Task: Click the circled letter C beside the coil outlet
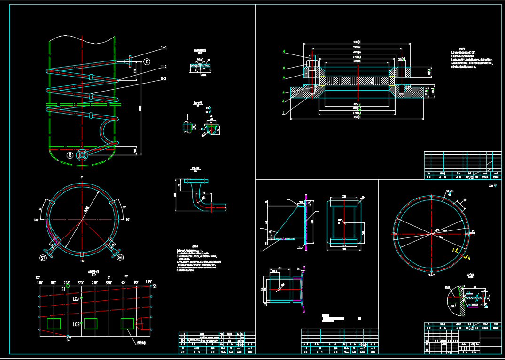pyautogui.click(x=147, y=61)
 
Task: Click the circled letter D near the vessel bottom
pyautogui.click(x=70, y=155)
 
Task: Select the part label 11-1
pyautogui.click(x=164, y=48)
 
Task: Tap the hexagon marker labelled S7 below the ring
pyautogui.click(x=43, y=258)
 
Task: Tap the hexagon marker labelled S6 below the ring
pyautogui.click(x=120, y=257)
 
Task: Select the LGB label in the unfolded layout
pyautogui.click(x=76, y=324)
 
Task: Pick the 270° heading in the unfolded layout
pyautogui.click(x=80, y=283)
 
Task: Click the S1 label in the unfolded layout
pyautogui.click(x=63, y=290)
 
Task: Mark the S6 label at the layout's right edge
pyautogui.click(x=154, y=286)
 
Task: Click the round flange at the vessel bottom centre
pyautogui.click(x=83, y=155)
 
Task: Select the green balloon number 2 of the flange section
pyautogui.click(x=283, y=101)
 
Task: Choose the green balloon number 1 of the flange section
pyautogui.click(x=283, y=113)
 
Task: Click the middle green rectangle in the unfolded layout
pyautogui.click(x=90, y=323)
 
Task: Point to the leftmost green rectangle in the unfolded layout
pyautogui.click(x=54, y=323)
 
